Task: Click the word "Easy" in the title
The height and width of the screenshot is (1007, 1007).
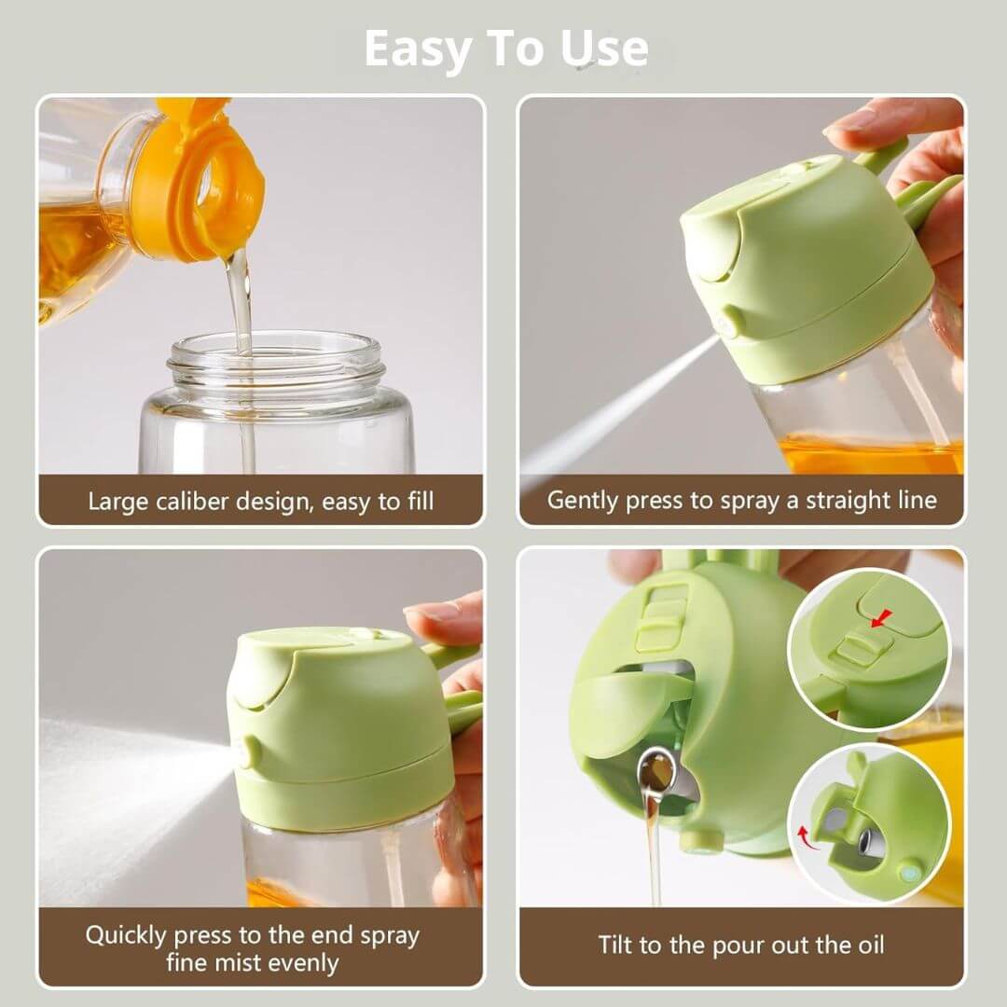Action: point(418,49)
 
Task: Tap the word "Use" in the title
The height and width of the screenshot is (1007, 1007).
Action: point(603,48)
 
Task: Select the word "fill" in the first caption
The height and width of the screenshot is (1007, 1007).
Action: point(420,501)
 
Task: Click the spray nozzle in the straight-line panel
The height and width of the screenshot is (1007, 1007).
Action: point(729,322)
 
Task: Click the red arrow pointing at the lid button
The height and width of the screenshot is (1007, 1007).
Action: point(881,618)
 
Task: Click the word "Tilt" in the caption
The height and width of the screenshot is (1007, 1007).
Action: point(614,945)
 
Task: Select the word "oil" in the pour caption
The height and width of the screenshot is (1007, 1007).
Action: point(870,945)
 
